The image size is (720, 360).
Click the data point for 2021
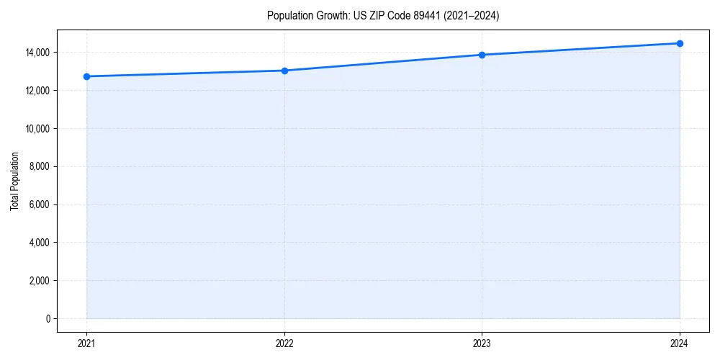pyautogui.click(x=86, y=76)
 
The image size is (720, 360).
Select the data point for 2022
pyautogui.click(x=284, y=71)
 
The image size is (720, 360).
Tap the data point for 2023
pyautogui.click(x=482, y=55)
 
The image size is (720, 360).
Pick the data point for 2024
pyautogui.click(x=680, y=43)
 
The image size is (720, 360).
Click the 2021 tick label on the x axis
pyautogui.click(x=86, y=343)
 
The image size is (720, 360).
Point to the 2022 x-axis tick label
pyautogui.click(x=284, y=343)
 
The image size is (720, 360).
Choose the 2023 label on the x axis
pyautogui.click(x=482, y=343)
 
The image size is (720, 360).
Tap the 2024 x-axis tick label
pyautogui.click(x=680, y=343)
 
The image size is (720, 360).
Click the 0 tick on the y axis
pyautogui.click(x=48, y=319)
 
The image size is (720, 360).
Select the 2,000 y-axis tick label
pyautogui.click(x=39, y=281)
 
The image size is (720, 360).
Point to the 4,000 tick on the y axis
pyautogui.click(x=39, y=243)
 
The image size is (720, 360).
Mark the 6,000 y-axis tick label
pyautogui.click(x=39, y=204)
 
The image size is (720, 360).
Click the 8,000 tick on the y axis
pyautogui.click(x=39, y=167)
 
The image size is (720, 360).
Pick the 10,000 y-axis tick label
pyautogui.click(x=37, y=129)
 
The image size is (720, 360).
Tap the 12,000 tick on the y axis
pyautogui.click(x=37, y=91)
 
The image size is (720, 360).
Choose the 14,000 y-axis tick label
pyautogui.click(x=37, y=53)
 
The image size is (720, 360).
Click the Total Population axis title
pyautogui.click(x=14, y=181)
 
